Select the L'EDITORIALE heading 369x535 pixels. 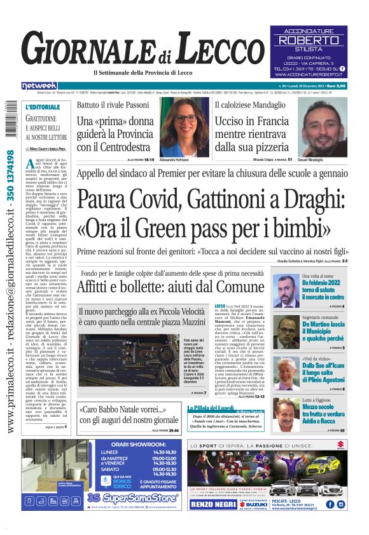tap(43, 107)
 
